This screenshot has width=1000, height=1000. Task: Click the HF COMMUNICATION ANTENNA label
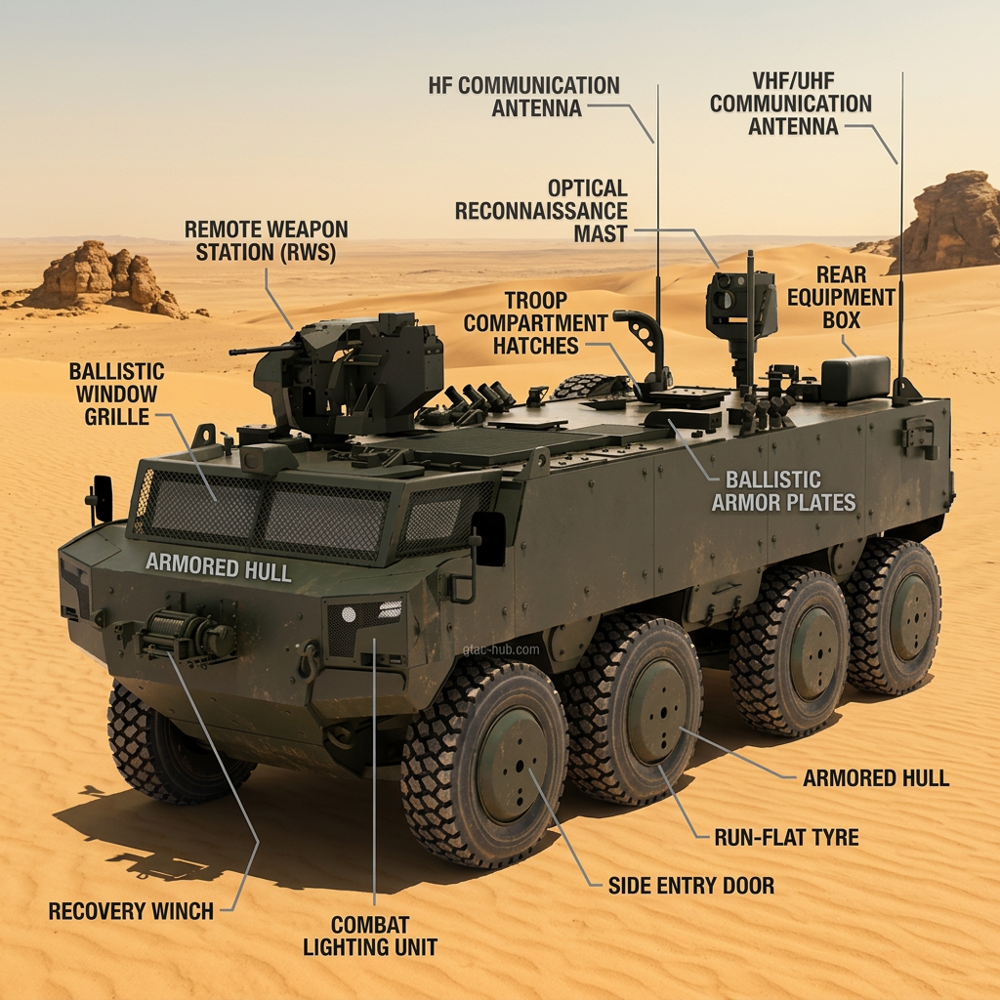click(523, 96)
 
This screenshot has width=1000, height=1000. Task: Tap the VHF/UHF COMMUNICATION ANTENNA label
click(791, 103)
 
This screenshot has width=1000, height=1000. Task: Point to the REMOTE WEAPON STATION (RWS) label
click(267, 240)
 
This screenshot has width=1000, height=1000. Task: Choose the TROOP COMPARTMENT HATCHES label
click(536, 322)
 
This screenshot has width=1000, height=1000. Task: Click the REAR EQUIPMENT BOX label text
click(841, 297)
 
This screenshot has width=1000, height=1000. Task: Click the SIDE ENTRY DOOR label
click(690, 886)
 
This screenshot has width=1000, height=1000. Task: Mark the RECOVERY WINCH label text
click(131, 911)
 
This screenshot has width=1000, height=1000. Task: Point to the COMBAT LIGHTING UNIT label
click(369, 935)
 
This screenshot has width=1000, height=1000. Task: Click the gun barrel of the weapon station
click(256, 348)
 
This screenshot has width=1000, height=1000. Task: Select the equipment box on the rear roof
click(855, 379)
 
